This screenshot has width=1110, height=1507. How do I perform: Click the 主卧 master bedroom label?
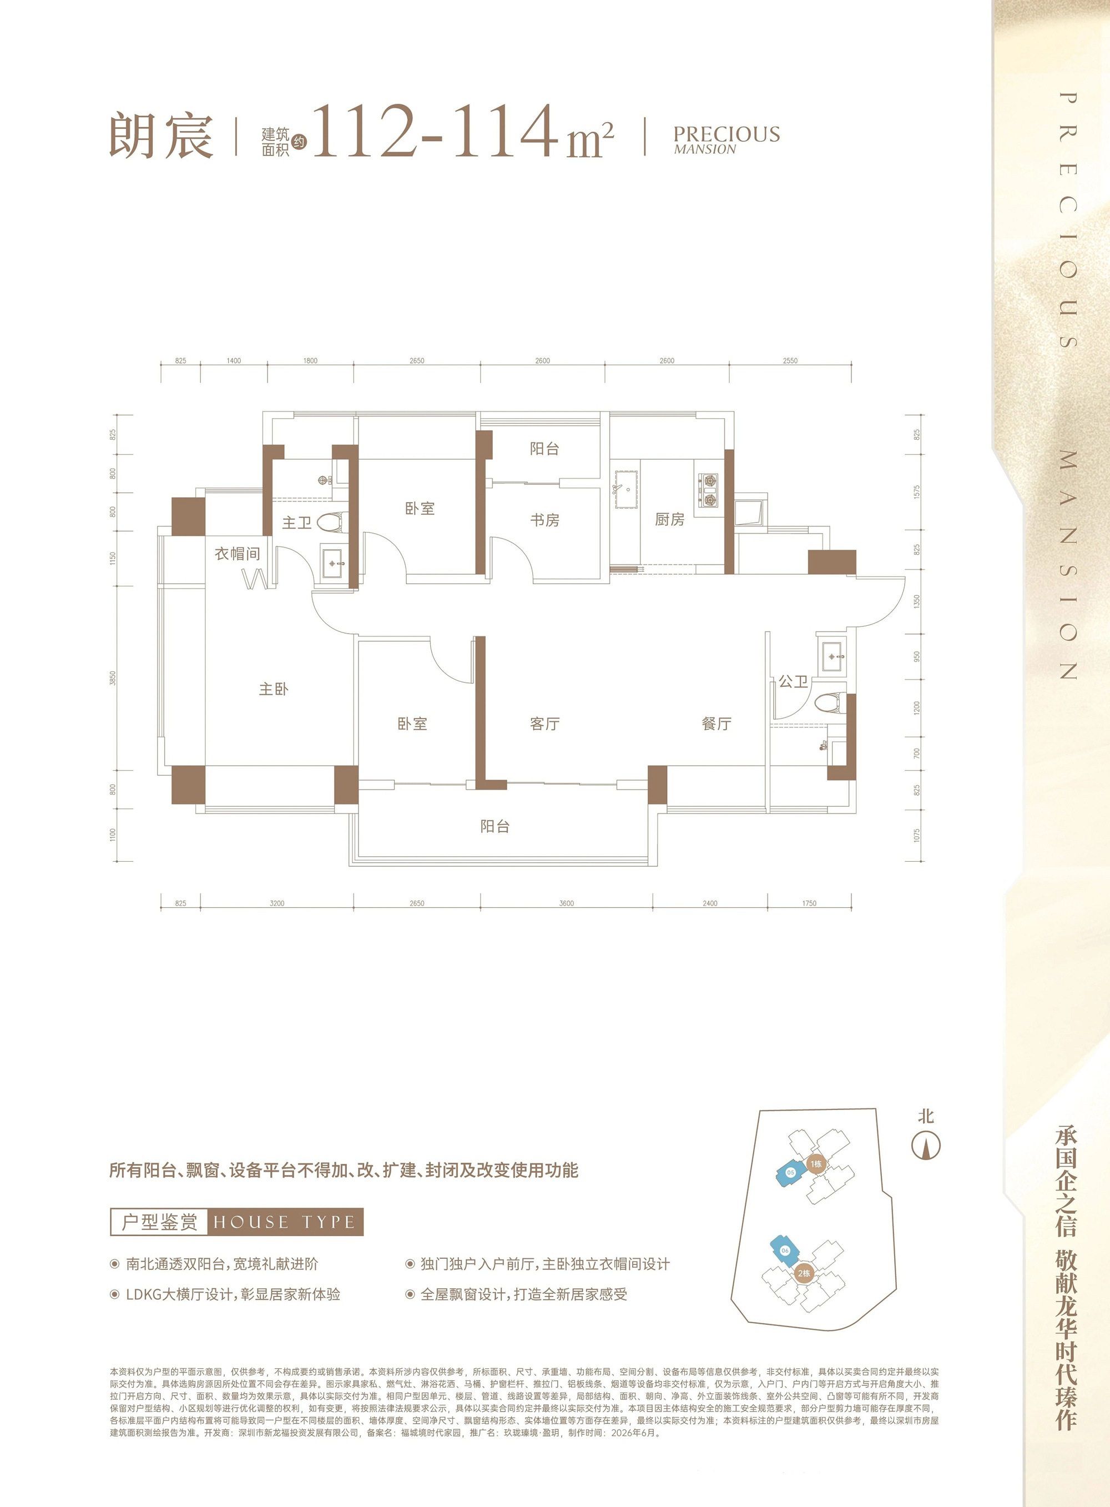coord(274,689)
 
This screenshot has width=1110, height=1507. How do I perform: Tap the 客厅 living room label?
coord(544,724)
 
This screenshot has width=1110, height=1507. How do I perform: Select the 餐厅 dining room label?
coord(717,724)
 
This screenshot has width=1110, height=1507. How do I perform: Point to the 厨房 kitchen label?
coord(670,520)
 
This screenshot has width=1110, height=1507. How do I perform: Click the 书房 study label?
coord(544,520)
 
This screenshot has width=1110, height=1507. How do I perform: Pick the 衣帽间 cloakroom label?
coord(237,554)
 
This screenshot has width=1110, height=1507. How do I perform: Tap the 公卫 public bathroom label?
coord(793,681)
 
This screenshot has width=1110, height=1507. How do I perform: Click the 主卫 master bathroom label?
coord(296,523)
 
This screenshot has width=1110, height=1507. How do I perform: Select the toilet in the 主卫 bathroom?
coord(331,523)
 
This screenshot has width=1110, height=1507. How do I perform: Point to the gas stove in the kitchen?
coord(708,490)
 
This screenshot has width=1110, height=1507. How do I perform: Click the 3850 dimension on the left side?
coord(113,677)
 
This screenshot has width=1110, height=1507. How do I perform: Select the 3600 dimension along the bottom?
coord(567,903)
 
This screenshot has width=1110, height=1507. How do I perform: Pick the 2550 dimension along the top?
coord(790,361)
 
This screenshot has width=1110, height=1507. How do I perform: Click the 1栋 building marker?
coord(816,1163)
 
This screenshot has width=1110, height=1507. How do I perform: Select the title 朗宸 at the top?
coord(162,136)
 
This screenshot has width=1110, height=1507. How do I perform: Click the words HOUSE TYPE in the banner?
coord(284,1222)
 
